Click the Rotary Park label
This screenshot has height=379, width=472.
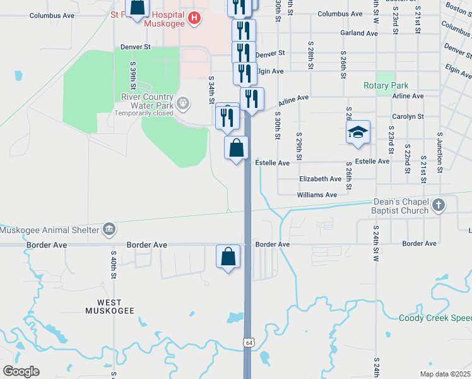click(386, 85)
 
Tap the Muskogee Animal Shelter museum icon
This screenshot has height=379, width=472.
click(109, 228)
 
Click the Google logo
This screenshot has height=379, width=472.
click(21, 371)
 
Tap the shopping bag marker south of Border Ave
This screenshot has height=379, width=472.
click(228, 256)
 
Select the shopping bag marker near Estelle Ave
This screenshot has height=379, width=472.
click(237, 148)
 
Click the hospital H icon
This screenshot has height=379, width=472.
click(194, 19)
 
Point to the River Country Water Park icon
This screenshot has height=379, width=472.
click(183, 102)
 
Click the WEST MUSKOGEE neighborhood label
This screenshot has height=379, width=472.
click(110, 306)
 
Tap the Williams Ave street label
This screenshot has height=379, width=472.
click(317, 195)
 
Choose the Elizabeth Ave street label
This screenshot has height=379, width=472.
click(321, 179)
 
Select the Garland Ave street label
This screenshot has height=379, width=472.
click(358, 33)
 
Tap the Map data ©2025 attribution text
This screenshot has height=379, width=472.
click(444, 374)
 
